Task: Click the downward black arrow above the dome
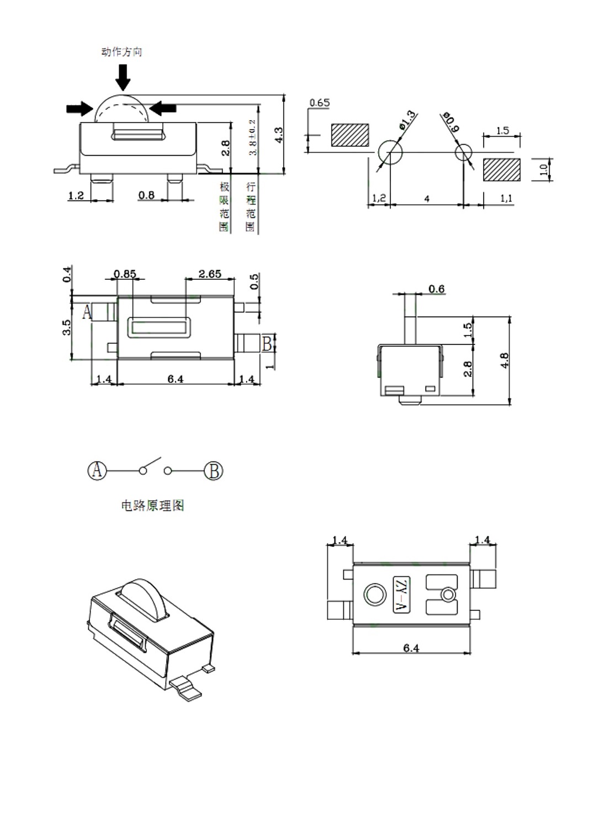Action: pyautogui.click(x=123, y=77)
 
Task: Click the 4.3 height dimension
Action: pyautogui.click(x=279, y=135)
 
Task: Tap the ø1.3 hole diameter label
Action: pyautogui.click(x=407, y=120)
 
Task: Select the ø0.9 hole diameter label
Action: pyautogui.click(x=450, y=123)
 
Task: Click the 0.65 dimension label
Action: pyautogui.click(x=319, y=103)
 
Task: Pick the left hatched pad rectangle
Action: pyautogui.click(x=350, y=135)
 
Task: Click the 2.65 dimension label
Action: pyautogui.click(x=210, y=274)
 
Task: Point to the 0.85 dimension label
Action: pyautogui.click(x=125, y=274)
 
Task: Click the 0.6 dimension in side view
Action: pyautogui.click(x=436, y=289)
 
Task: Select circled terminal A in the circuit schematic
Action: pyautogui.click(x=97, y=471)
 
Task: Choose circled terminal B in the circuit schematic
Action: pyautogui.click(x=214, y=471)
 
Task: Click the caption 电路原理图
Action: pyautogui.click(x=152, y=506)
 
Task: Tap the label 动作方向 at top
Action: pyautogui.click(x=122, y=52)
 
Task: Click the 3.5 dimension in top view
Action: pyautogui.click(x=67, y=327)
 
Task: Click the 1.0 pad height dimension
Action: pyautogui.click(x=544, y=170)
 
